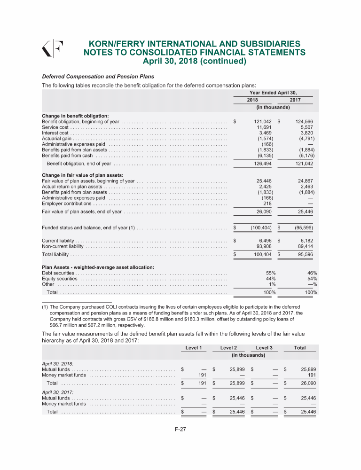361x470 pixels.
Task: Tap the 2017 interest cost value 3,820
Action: point(306,133)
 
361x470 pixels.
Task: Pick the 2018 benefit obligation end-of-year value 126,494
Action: point(263,164)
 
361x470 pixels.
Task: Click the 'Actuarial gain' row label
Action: point(57,139)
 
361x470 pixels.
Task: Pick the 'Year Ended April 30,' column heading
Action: point(274,93)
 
